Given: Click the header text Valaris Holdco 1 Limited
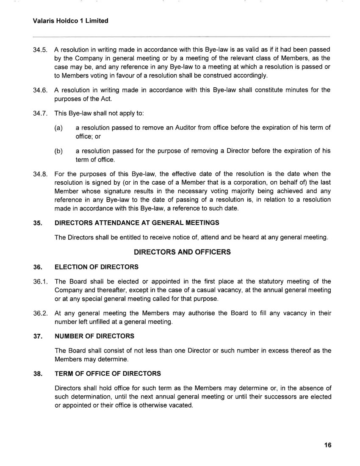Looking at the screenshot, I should pyautogui.click(x=70, y=20).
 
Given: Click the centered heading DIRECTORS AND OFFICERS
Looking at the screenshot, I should pyautogui.click(x=182, y=252).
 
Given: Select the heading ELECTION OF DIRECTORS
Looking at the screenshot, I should pyautogui.click(x=97, y=267).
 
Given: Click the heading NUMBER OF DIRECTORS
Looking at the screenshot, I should pyautogui.click(x=94, y=336).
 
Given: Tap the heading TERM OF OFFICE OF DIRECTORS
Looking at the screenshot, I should pyautogui.click(x=108, y=374).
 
